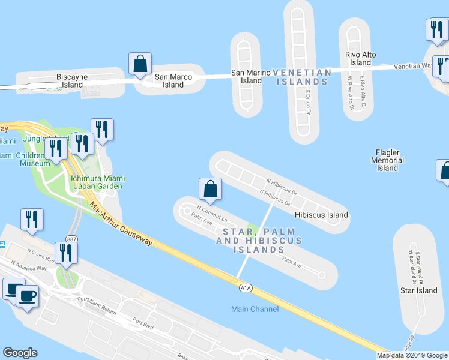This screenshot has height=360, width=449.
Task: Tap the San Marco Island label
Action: click(x=173, y=80)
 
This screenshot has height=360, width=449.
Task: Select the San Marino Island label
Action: click(x=247, y=76)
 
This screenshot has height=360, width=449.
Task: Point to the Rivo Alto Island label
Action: click(x=361, y=59)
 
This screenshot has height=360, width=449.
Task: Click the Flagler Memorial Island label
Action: click(x=387, y=160)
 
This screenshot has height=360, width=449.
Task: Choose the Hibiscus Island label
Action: click(x=321, y=214)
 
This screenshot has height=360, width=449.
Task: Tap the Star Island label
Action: click(x=418, y=290)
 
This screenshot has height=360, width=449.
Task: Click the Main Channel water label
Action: click(x=255, y=309)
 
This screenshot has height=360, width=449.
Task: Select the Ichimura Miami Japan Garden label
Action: click(x=97, y=182)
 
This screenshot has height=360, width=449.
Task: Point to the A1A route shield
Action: click(x=245, y=289)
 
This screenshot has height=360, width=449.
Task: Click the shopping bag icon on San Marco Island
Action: click(x=140, y=64)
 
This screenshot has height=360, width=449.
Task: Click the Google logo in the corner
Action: click(x=20, y=352)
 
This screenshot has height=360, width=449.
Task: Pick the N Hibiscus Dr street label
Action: click(x=282, y=186)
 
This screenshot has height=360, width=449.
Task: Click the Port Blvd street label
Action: click(x=143, y=321)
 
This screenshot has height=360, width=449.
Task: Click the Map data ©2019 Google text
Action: click(x=412, y=355)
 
